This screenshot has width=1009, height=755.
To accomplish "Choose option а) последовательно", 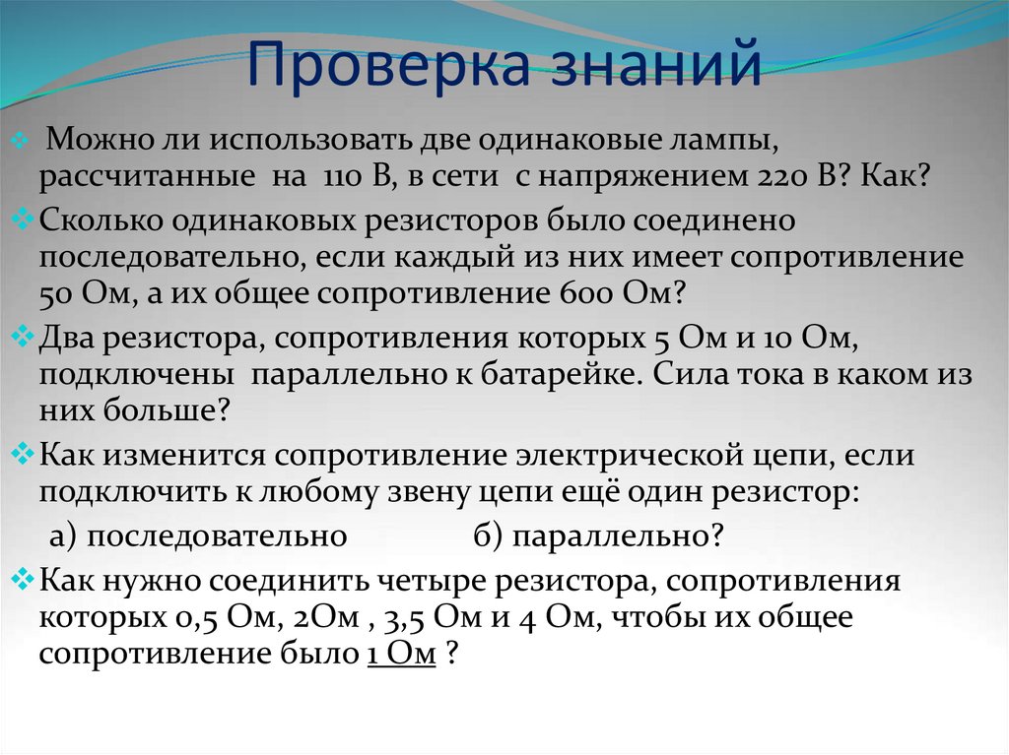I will tap(198, 535).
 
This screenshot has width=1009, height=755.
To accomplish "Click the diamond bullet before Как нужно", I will tap(26, 580).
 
